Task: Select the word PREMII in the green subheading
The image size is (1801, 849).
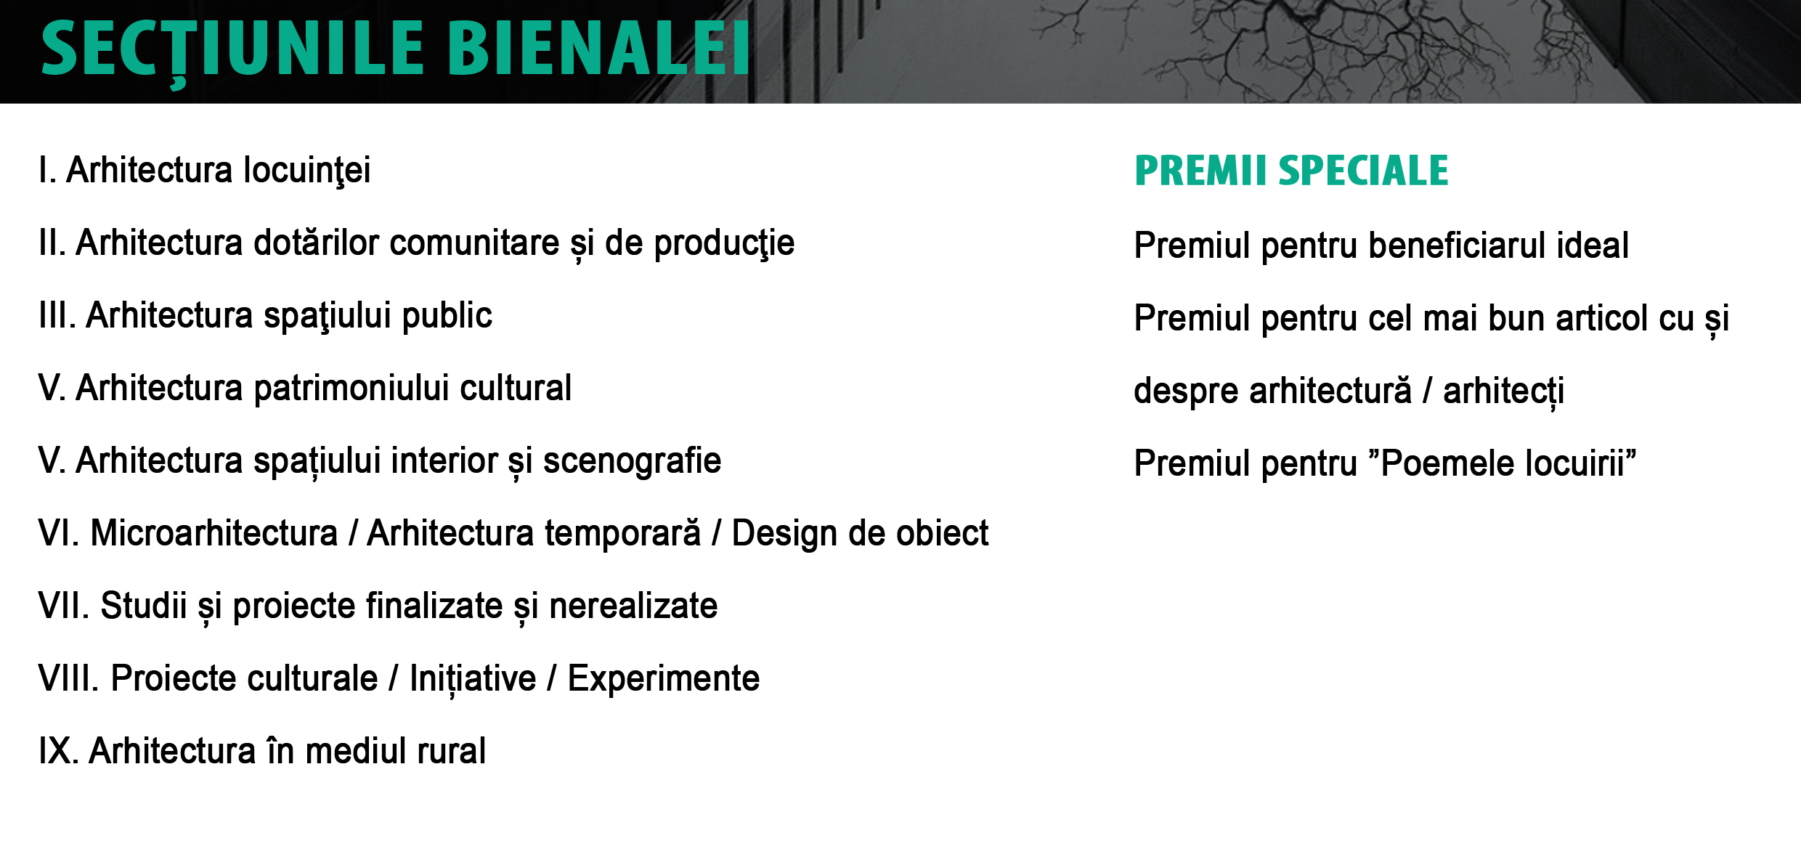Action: (1200, 171)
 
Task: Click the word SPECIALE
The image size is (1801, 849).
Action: (1363, 171)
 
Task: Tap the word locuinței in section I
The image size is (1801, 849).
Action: (306, 172)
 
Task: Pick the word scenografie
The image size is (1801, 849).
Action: (632, 462)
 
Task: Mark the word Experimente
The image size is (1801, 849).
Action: (664, 680)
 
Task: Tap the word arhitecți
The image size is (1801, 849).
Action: (1503, 391)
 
